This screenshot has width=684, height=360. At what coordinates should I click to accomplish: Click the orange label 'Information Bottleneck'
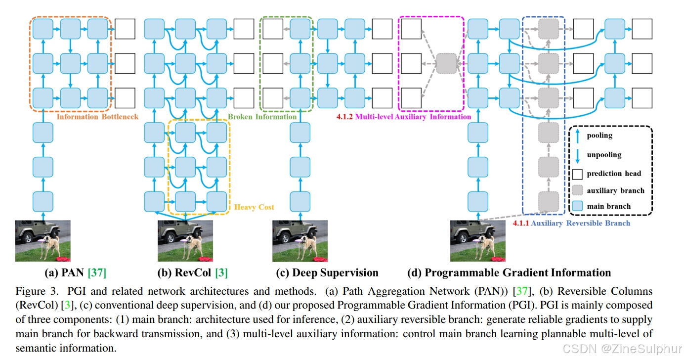tap(97, 117)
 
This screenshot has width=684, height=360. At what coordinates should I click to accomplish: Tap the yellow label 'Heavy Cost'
tap(254, 207)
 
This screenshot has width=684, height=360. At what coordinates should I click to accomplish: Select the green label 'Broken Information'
tap(262, 117)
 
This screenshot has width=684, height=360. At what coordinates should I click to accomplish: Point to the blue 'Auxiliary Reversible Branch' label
tap(580, 223)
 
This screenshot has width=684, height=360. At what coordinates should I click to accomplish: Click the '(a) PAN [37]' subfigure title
tap(75, 272)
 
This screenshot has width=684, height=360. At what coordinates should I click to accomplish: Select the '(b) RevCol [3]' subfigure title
tap(192, 272)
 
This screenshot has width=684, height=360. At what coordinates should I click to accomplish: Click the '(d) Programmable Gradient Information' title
tap(509, 272)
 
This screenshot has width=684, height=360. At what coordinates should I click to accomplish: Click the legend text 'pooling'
tap(599, 135)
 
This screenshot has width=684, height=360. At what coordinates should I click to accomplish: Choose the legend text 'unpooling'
tap(604, 154)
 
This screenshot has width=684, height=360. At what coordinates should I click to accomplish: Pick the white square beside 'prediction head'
tap(577, 174)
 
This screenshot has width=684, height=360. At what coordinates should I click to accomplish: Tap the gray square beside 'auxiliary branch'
tap(577, 190)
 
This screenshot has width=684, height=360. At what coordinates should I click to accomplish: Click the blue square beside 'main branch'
tap(577, 206)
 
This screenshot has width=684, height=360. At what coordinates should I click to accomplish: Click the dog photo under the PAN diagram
tap(43, 241)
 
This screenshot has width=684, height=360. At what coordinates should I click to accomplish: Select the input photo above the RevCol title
tap(185, 241)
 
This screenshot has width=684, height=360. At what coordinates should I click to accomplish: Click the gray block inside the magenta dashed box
tap(446, 64)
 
